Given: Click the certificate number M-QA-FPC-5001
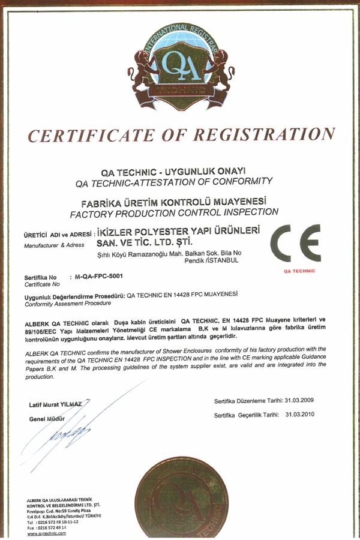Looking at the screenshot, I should click(99, 277).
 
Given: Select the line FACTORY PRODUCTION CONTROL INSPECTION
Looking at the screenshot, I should click(174, 212).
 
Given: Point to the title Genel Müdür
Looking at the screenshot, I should click(46, 419).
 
